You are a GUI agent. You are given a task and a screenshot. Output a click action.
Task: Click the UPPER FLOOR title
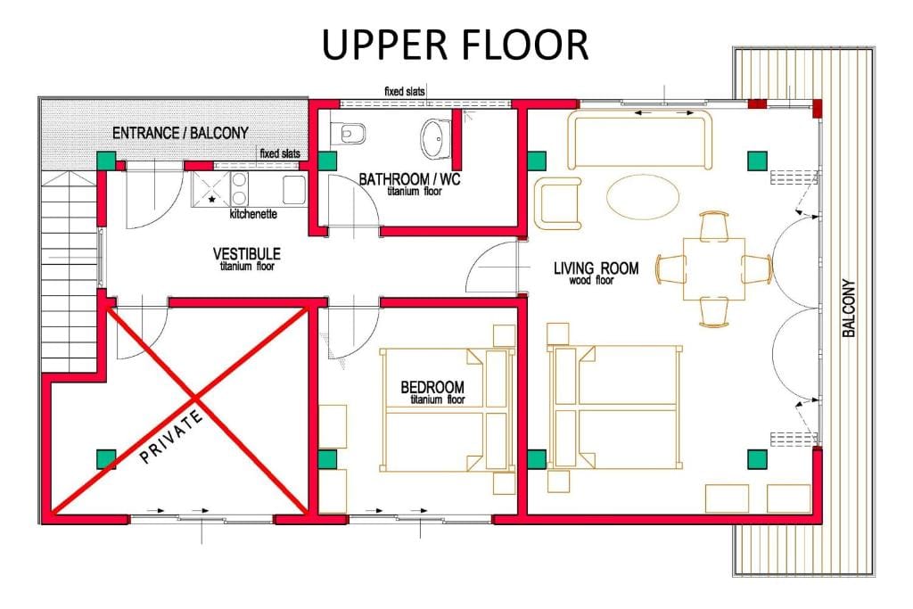pyautogui.click(x=455, y=45)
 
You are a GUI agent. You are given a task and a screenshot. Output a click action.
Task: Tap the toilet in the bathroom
pyautogui.click(x=349, y=134)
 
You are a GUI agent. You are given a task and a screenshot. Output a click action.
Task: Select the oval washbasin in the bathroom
pyautogui.click(x=435, y=138)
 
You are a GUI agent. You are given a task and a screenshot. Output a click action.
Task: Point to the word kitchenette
pyautogui.click(x=253, y=214)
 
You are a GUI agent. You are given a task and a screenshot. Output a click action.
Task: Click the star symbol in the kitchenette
pyautogui.click(x=211, y=199)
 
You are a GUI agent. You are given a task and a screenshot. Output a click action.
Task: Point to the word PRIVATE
pyautogui.click(x=172, y=436)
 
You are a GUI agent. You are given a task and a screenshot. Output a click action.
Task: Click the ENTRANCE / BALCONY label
pyautogui.click(x=180, y=133)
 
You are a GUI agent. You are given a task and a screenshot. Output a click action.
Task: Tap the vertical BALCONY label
pyautogui.click(x=849, y=308)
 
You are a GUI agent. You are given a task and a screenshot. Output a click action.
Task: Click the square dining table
pyautogui.click(x=714, y=268)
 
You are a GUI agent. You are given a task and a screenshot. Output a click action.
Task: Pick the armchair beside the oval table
pyautogui.click(x=558, y=203)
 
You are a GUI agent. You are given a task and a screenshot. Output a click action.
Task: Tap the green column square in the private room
pyautogui.click(x=105, y=459)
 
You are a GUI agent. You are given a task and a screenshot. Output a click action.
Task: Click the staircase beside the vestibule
pyautogui.click(x=69, y=272)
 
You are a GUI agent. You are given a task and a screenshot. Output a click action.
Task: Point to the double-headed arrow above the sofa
pyautogui.click(x=663, y=113)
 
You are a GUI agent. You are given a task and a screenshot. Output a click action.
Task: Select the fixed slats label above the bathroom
pyautogui.click(x=404, y=92)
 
